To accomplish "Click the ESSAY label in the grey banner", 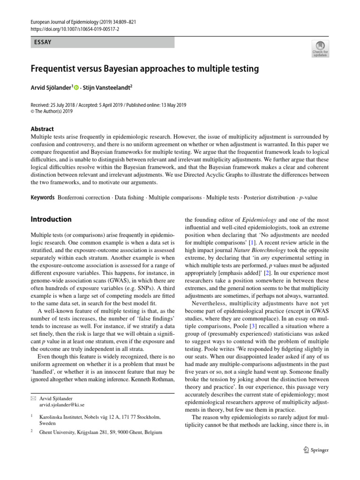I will point(43,42).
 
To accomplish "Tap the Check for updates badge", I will point(320,49).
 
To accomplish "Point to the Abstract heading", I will point(42,129).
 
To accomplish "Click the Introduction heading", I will point(51,219).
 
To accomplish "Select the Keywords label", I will point(42,197).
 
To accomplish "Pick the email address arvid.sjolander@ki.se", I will point(62,405).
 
